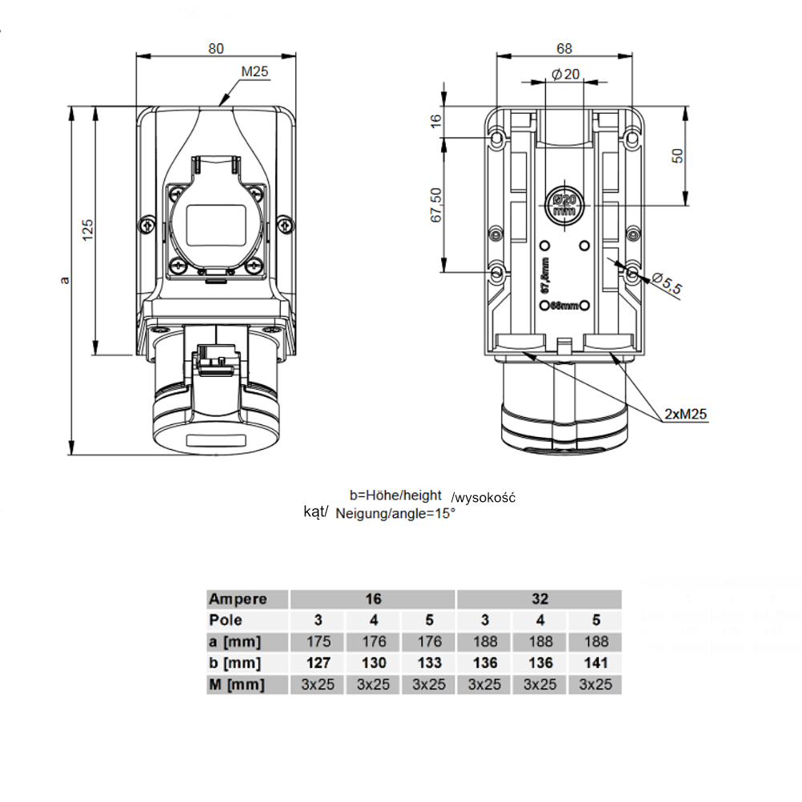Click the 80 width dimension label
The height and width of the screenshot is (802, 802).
point(216,48)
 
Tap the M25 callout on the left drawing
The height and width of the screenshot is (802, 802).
point(254,72)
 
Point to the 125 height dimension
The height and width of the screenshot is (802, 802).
point(88,230)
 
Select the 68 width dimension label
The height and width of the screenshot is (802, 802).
point(565,48)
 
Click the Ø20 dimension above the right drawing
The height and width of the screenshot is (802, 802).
point(566,75)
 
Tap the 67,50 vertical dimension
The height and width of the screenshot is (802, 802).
point(435,205)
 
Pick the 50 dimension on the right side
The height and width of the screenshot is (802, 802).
point(678,156)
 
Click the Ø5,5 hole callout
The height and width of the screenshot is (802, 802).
point(666,283)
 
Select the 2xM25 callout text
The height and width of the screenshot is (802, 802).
point(686,415)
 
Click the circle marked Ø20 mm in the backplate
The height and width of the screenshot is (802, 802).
point(564,206)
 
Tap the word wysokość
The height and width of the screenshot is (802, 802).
point(484,498)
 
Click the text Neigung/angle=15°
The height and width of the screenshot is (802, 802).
point(396,513)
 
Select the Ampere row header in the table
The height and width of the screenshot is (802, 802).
point(237,599)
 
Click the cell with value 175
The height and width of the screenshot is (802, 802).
point(318,642)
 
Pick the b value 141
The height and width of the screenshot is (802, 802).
point(595,663)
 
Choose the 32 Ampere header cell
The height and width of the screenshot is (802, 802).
point(539,599)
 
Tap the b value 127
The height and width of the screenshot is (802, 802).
point(318,663)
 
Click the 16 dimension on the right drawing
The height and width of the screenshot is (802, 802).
point(435,120)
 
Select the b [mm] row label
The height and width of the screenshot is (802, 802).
point(236,663)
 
